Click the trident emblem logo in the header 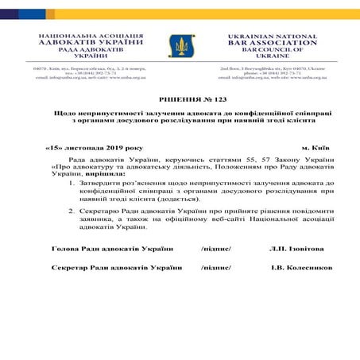(x=180, y=46)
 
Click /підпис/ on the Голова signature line (x=216, y=250)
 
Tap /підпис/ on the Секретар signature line (x=216, y=268)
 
